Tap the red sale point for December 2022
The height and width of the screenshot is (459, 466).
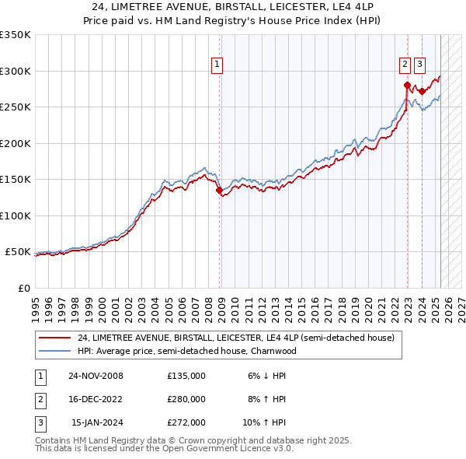(x=407, y=85)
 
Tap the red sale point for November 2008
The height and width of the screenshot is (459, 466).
(x=219, y=190)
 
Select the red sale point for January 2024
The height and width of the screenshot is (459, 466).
(x=422, y=91)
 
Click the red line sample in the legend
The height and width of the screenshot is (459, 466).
(x=55, y=338)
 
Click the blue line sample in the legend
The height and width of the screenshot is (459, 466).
(x=55, y=351)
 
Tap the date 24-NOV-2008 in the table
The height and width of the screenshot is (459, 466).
(x=96, y=376)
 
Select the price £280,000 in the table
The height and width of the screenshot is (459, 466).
(x=186, y=399)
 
